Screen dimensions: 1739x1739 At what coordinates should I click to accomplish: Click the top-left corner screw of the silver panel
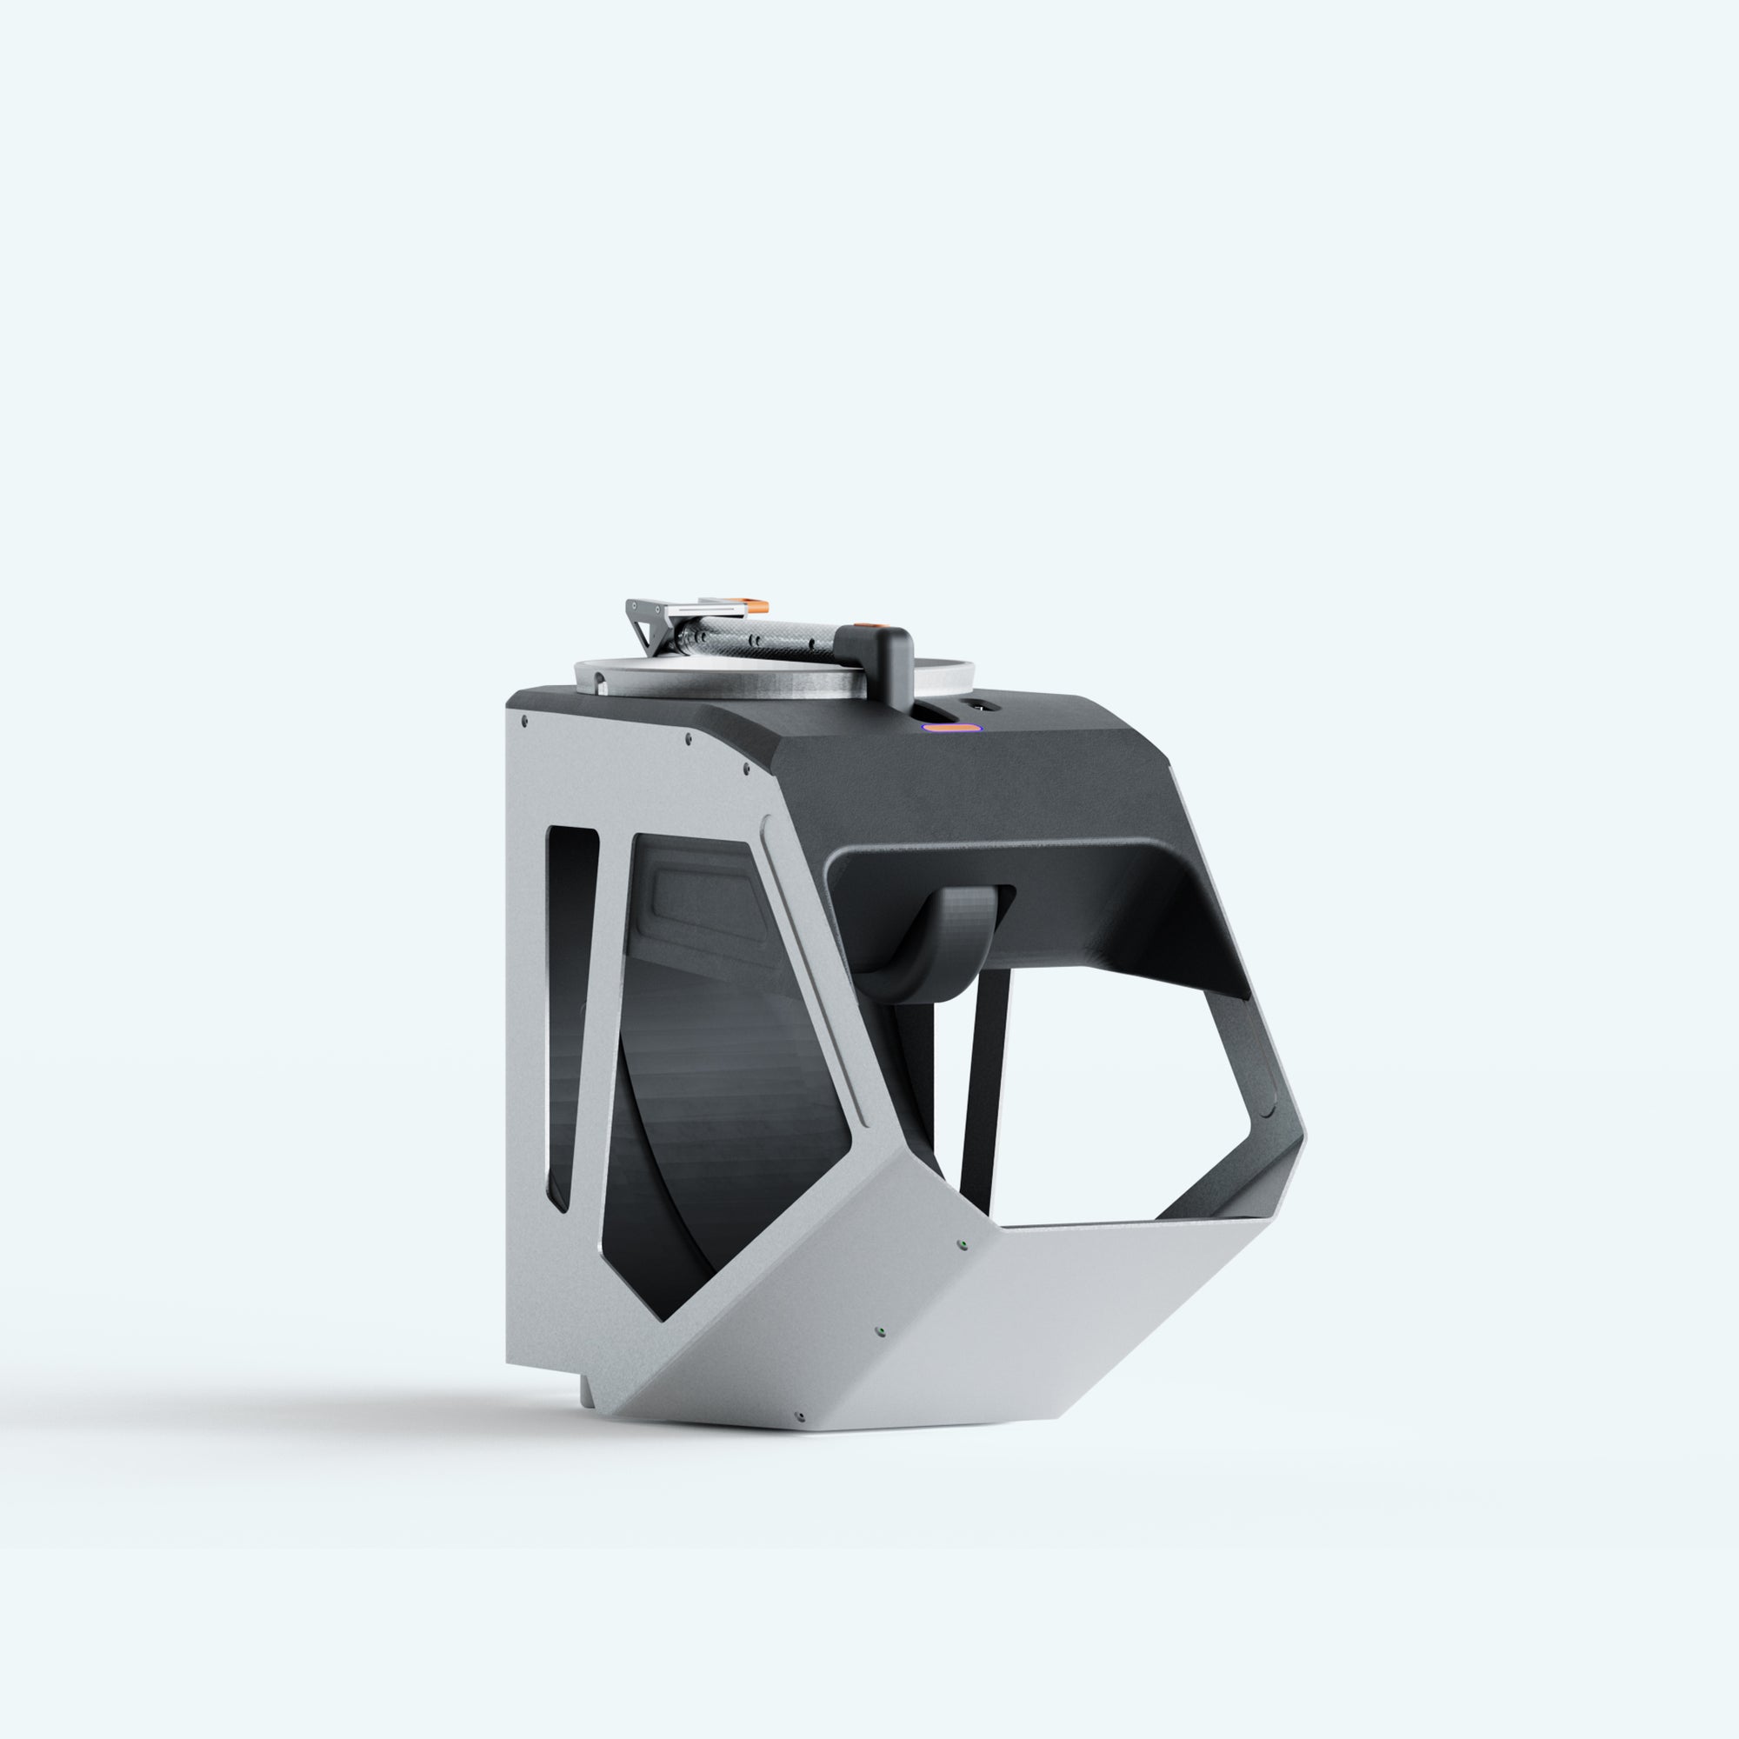point(523,720)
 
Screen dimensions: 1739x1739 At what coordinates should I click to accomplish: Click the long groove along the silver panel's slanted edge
point(815,972)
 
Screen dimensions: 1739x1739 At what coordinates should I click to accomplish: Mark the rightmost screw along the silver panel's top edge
point(745,770)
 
